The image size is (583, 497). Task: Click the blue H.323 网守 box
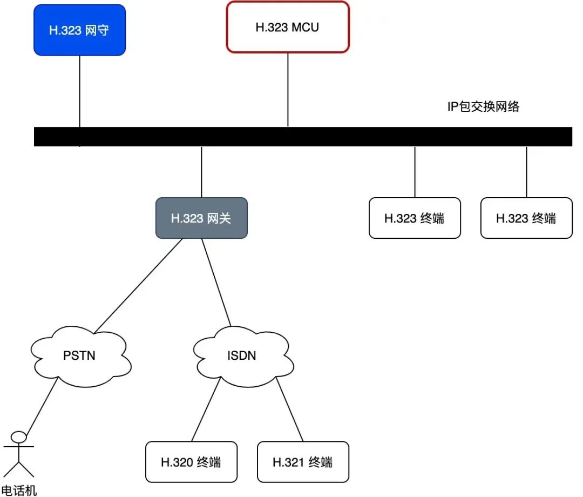click(x=79, y=30)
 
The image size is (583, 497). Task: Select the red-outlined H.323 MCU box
click(x=287, y=27)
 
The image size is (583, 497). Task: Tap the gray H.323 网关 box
click(x=201, y=218)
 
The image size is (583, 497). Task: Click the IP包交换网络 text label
click(x=483, y=106)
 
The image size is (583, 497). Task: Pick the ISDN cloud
click(x=241, y=356)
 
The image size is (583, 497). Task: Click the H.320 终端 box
click(x=191, y=462)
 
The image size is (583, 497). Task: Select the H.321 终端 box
click(x=303, y=462)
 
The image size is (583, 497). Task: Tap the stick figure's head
click(x=19, y=436)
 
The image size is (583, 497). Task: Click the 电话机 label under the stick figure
click(x=19, y=490)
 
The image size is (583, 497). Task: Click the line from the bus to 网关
click(x=201, y=172)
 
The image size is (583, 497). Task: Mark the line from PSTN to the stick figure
click(x=42, y=406)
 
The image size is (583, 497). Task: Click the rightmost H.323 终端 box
click(x=526, y=218)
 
